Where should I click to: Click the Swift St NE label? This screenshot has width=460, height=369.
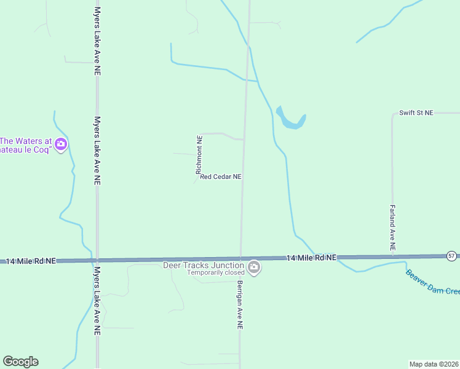click(x=416, y=113)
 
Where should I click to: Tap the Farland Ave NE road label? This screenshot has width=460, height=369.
click(x=392, y=227)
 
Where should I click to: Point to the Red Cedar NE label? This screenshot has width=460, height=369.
click(x=220, y=177)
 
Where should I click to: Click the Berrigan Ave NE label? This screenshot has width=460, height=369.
click(x=239, y=306)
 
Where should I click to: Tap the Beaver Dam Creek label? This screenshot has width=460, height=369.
click(x=432, y=282)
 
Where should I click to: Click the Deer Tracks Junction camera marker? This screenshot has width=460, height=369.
click(x=254, y=268)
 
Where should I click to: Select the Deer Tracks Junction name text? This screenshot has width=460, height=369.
click(x=204, y=265)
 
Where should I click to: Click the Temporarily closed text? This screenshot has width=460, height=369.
click(x=216, y=272)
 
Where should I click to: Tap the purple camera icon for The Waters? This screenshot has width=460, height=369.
click(x=61, y=145)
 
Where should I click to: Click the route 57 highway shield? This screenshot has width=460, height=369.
click(x=451, y=255)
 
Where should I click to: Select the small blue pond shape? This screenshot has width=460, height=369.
click(x=290, y=119)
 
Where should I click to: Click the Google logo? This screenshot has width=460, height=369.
click(x=20, y=361)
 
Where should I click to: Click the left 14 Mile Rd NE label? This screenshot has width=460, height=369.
click(x=31, y=261)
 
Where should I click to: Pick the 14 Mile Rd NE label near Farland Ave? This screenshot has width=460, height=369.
click(x=311, y=258)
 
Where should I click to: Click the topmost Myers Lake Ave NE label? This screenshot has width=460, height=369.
click(x=97, y=42)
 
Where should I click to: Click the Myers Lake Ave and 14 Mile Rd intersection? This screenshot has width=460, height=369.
click(x=97, y=260)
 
